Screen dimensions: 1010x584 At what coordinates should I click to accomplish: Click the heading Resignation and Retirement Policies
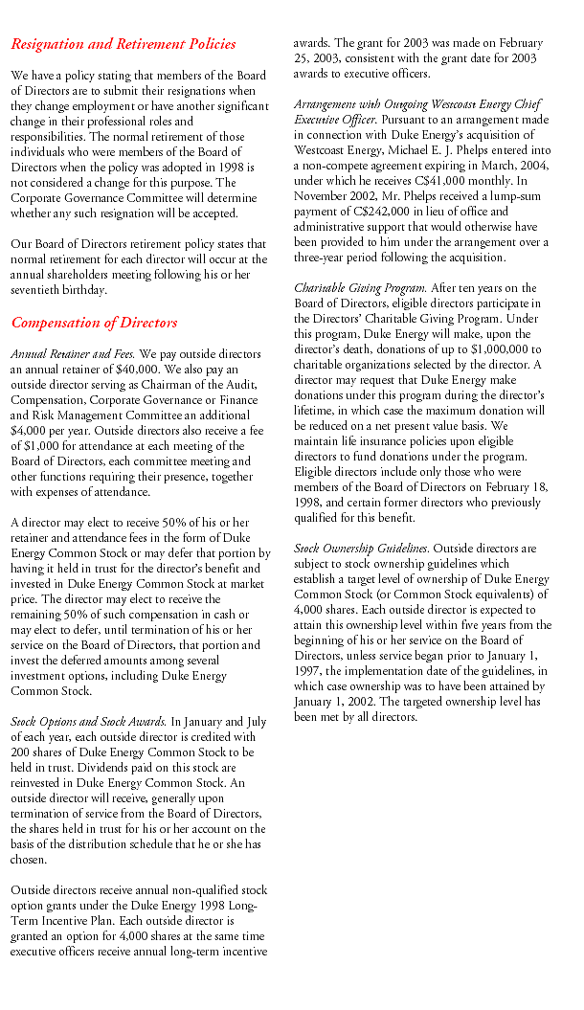coord(123,44)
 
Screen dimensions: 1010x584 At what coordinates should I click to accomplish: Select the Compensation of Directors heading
coord(94,323)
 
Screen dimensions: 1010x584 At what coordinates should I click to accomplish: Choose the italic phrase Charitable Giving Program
coord(347,288)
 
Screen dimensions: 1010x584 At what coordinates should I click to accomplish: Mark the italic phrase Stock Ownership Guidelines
coord(361,549)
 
